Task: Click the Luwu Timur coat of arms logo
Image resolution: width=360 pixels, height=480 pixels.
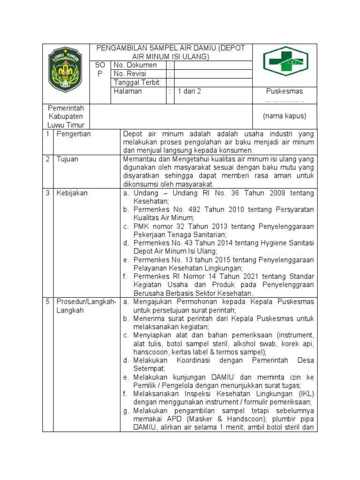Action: tap(66, 69)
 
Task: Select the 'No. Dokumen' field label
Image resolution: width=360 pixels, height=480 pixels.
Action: tap(135, 65)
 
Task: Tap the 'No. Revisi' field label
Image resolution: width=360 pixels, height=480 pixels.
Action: tap(130, 74)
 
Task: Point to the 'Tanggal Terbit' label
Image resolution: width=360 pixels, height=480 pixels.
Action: tap(136, 82)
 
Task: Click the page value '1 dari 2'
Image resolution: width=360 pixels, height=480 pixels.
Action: tap(189, 91)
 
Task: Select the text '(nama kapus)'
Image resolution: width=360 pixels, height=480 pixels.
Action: tap(284, 116)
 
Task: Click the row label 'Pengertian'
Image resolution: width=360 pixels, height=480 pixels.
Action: tap(74, 134)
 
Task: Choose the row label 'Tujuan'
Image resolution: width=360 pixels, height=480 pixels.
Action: tap(67, 159)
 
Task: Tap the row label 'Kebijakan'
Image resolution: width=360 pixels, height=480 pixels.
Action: tap(72, 193)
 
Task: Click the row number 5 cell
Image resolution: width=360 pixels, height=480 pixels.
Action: tap(47, 302)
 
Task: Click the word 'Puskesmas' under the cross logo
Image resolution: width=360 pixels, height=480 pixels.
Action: tap(284, 91)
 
